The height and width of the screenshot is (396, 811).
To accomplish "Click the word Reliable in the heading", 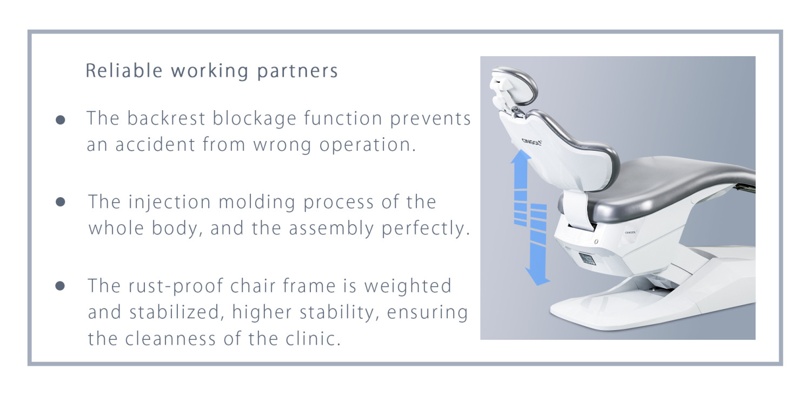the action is point(124,71).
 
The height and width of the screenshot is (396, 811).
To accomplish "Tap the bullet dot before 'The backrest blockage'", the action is point(61,120).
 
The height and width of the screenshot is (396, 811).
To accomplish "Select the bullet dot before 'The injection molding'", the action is point(61,202).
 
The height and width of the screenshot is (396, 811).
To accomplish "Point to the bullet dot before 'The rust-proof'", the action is point(60,286).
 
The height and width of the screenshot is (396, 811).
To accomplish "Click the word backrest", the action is point(166,118).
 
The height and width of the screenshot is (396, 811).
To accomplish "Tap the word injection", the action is point(169,202).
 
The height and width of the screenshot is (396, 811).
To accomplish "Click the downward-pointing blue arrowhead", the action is point(538,278).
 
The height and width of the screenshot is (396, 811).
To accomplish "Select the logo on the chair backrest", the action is point(531,142).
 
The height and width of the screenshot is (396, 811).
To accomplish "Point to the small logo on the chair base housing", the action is point(630,232).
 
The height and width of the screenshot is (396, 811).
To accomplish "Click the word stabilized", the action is point(174,312).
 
